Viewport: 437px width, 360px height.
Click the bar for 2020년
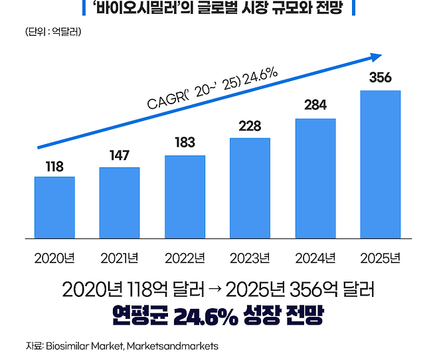pyautogui.click(x=54, y=207)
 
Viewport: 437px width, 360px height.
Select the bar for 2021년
pyautogui.click(x=120, y=202)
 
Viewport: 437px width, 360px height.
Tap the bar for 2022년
pyautogui.click(x=185, y=196)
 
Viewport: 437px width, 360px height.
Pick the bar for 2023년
pyautogui.click(x=250, y=187)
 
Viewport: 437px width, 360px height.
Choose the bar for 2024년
pyautogui.click(x=315, y=177)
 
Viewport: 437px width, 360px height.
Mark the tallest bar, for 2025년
pyautogui.click(x=380, y=163)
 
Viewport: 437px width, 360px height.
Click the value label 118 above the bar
pyautogui.click(x=54, y=167)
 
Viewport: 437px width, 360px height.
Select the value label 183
pyautogui.click(x=185, y=142)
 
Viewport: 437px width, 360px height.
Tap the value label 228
pyautogui.click(x=250, y=126)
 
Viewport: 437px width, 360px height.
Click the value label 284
pyautogui.click(x=315, y=105)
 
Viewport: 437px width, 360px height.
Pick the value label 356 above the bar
pyautogui.click(x=380, y=78)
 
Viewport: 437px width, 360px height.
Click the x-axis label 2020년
pyautogui.click(x=54, y=258)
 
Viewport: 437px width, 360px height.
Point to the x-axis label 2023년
pyautogui.click(x=250, y=258)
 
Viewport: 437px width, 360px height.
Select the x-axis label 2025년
pyautogui.click(x=380, y=258)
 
